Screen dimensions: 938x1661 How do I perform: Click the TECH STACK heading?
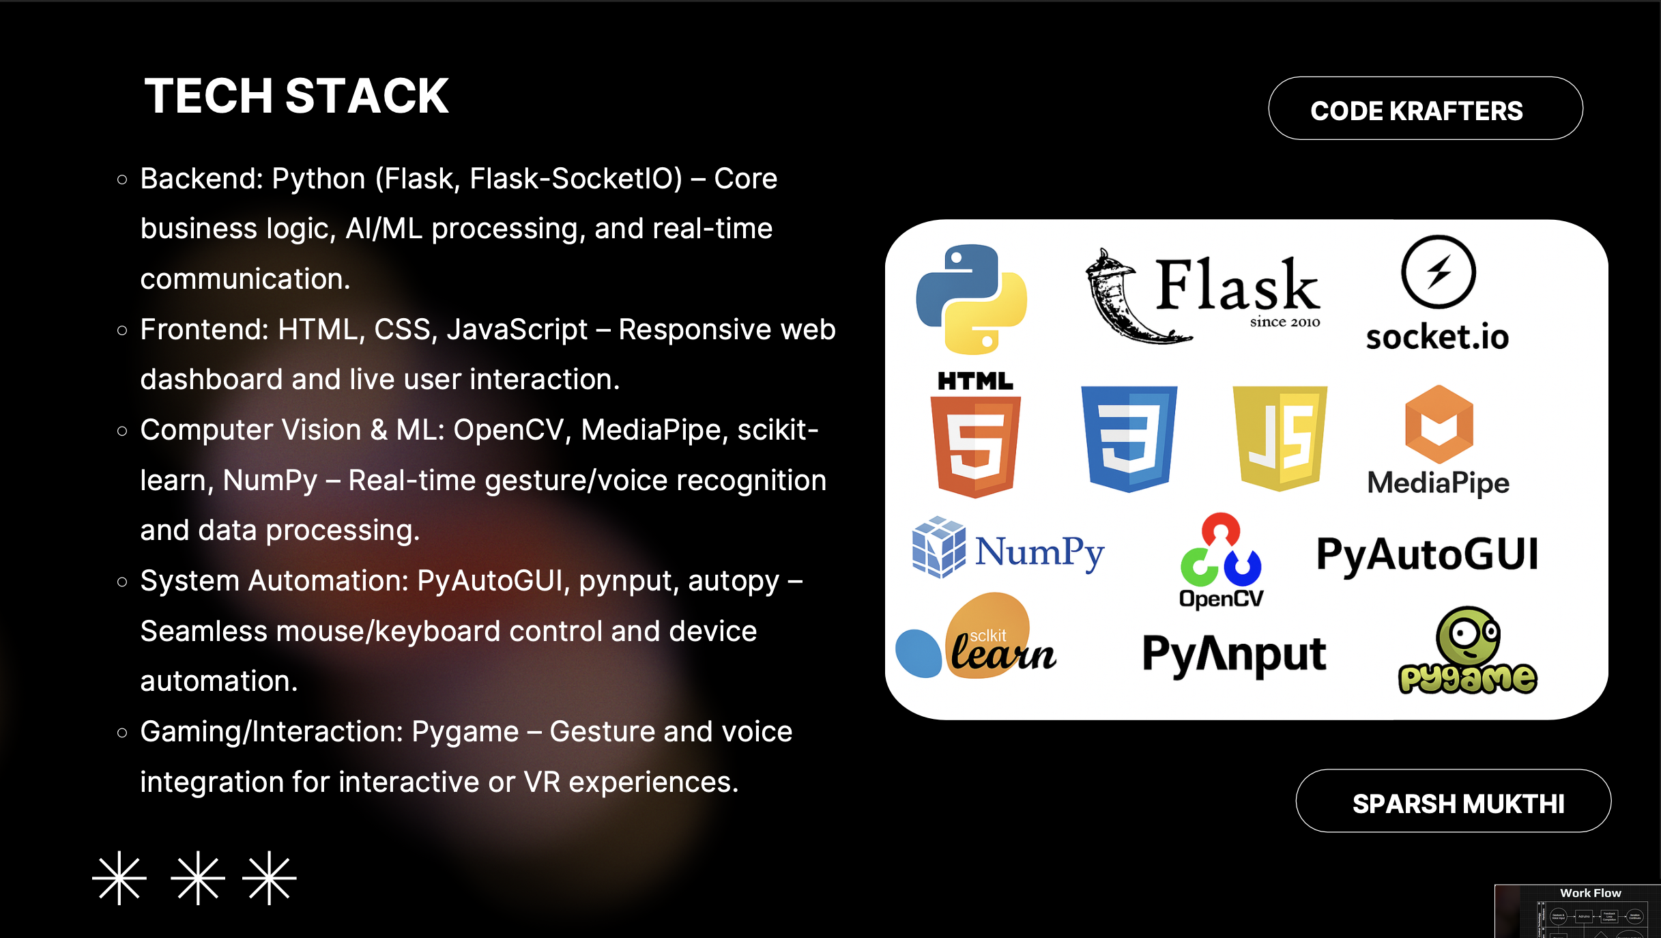click(296, 96)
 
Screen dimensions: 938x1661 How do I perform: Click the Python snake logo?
click(971, 299)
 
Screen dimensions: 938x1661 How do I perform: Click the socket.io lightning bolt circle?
click(1438, 272)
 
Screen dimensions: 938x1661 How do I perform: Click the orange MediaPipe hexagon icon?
click(1439, 424)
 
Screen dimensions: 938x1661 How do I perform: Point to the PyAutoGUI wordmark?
click(1427, 554)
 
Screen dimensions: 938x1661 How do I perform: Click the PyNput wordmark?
click(1234, 654)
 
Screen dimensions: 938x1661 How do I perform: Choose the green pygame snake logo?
click(1468, 651)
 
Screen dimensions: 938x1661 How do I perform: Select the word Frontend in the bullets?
click(204, 330)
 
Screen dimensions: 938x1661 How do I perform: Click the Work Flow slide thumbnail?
click(1577, 911)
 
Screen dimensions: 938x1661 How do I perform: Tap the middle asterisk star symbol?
click(198, 878)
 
